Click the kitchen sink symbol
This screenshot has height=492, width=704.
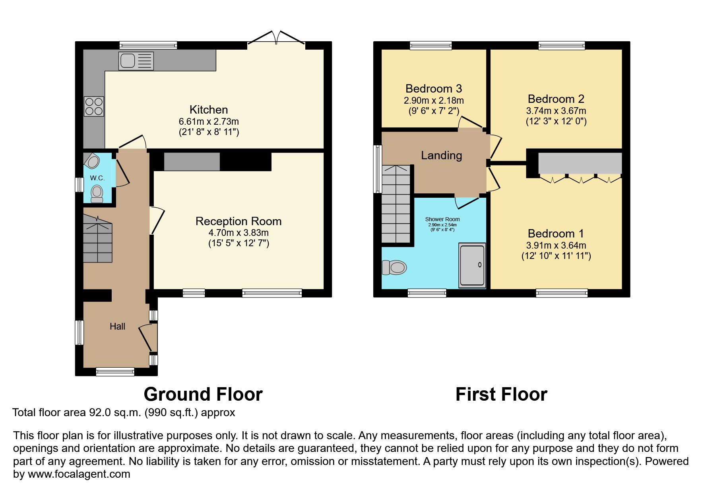click(x=136, y=61)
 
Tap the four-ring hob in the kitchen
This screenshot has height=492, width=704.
click(x=94, y=106)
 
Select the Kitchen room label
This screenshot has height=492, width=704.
click(x=209, y=110)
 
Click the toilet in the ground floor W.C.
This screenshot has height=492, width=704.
click(x=97, y=193)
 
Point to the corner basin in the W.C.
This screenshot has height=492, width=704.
click(x=92, y=161)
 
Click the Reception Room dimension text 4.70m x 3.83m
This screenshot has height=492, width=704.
click(x=239, y=233)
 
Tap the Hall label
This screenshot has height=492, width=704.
click(x=117, y=326)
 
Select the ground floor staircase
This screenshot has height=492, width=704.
click(x=97, y=240)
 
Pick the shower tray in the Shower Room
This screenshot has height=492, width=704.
click(x=472, y=265)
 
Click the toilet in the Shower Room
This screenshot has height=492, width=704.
click(x=394, y=267)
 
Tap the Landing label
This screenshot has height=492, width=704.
click(x=441, y=155)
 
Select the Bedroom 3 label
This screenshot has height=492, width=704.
click(x=434, y=89)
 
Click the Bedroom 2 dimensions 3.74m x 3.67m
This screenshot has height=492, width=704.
click(x=556, y=111)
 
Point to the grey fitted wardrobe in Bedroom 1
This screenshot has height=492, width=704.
click(x=580, y=163)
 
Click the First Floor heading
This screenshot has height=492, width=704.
click(x=501, y=394)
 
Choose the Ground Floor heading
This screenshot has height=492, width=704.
click(x=203, y=394)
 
